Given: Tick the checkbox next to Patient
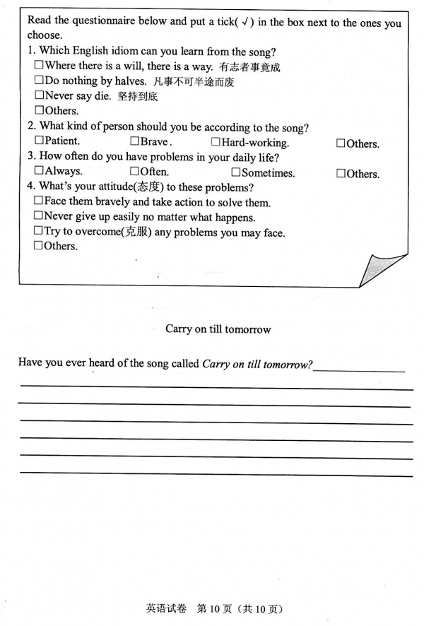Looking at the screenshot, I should click(x=39, y=141).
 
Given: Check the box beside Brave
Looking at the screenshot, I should click(x=134, y=141).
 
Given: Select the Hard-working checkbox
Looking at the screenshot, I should click(x=216, y=142).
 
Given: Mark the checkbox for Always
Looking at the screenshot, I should click(x=39, y=171).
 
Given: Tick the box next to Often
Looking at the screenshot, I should click(x=134, y=171).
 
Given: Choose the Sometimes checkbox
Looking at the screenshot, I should click(x=235, y=172).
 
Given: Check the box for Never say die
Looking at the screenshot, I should click(x=39, y=95).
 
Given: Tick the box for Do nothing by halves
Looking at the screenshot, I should click(x=39, y=81).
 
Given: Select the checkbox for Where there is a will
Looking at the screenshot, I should click(x=39, y=66).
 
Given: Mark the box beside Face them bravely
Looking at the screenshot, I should click(x=39, y=201).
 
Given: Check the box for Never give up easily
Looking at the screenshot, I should click(x=39, y=216).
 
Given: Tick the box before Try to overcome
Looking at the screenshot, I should click(x=39, y=231).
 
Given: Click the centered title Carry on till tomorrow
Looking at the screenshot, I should click(x=218, y=329).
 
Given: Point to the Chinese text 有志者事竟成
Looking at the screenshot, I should click(x=249, y=68).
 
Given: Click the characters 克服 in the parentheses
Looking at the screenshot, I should click(x=135, y=232).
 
